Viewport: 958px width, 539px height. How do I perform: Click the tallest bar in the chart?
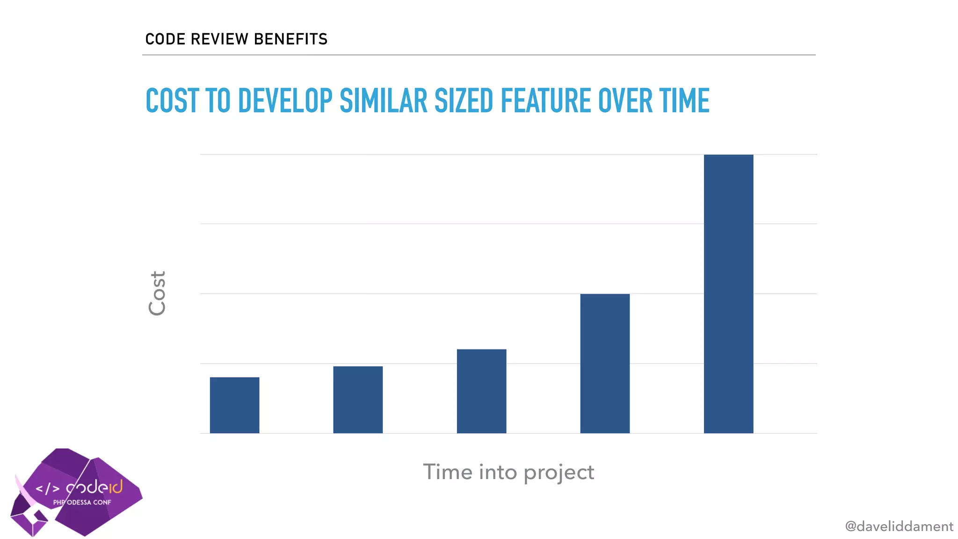[728, 294]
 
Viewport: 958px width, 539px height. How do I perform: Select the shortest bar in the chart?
[234, 405]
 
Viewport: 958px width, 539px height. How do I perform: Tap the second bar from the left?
[358, 400]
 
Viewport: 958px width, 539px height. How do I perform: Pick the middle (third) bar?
[481, 391]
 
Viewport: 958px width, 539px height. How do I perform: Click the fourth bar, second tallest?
[605, 364]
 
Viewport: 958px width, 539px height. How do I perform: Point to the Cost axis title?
[157, 293]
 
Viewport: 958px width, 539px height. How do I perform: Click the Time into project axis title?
[508, 472]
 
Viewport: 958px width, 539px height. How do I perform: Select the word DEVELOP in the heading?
[285, 101]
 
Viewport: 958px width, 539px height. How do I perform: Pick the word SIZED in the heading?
[464, 101]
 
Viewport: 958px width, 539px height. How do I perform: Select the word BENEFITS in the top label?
[290, 39]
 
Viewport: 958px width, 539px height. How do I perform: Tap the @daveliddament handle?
[899, 527]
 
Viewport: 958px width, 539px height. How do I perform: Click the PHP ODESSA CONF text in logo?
[82, 503]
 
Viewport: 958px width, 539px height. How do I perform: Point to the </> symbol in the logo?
[48, 489]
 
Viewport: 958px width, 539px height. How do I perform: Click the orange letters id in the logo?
[115, 487]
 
